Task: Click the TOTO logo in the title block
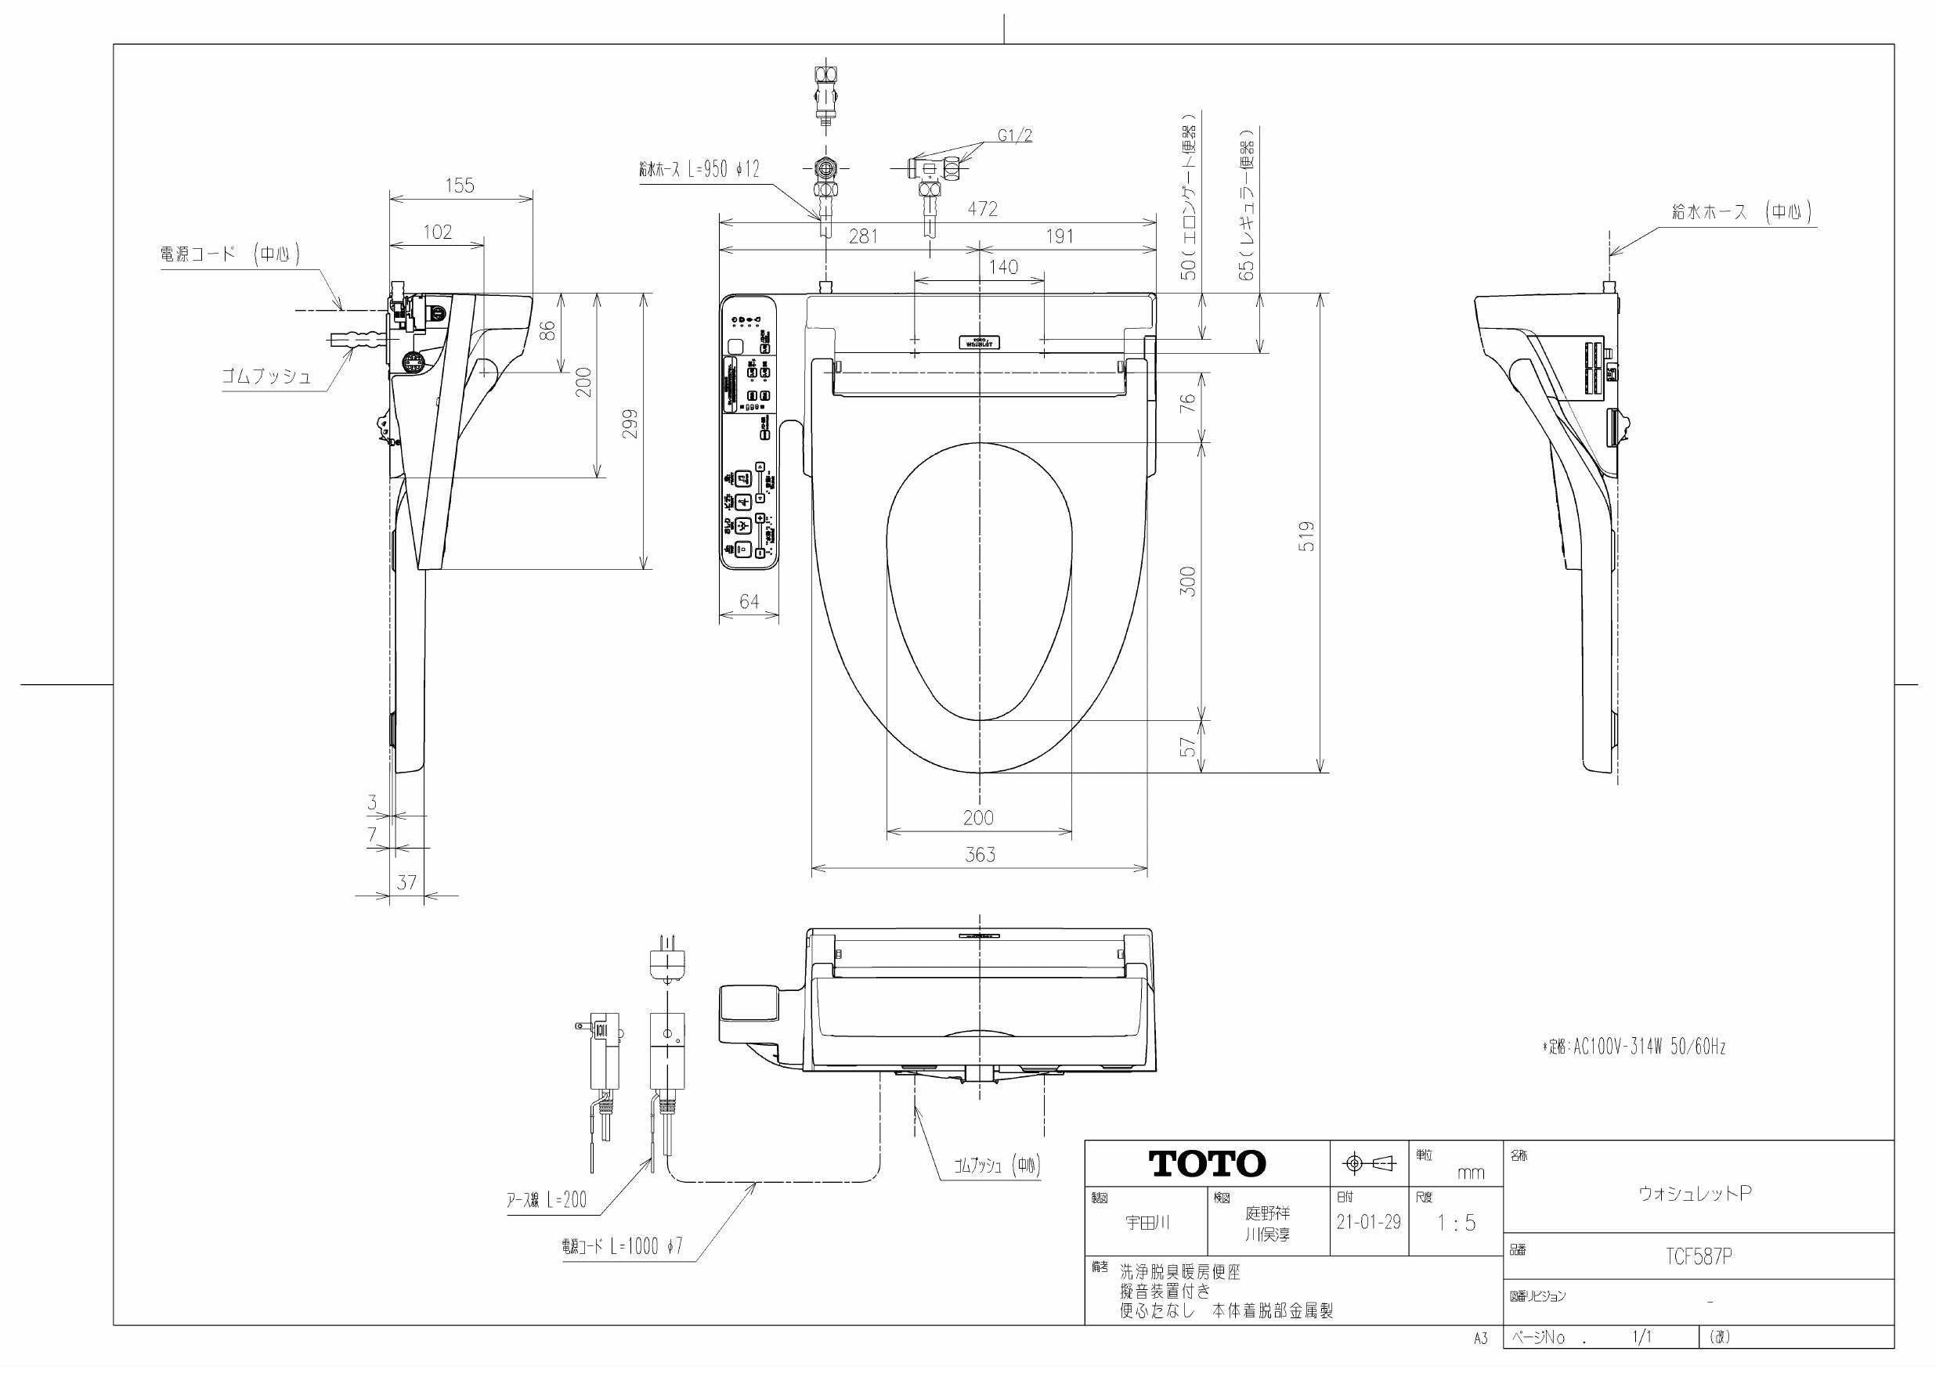click(1207, 1164)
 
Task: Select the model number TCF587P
click(1699, 1257)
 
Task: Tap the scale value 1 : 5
click(1456, 1223)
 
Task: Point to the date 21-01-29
click(1368, 1223)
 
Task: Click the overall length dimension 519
click(1307, 536)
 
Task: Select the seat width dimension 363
click(980, 856)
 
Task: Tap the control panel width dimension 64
click(749, 601)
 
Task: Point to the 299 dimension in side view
click(630, 423)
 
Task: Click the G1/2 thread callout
click(1015, 135)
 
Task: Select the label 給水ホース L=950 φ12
click(699, 169)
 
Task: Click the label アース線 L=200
click(546, 1199)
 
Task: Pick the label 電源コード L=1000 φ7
click(622, 1246)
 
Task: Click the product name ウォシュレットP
click(1695, 1193)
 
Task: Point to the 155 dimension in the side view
click(460, 186)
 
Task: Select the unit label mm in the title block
click(1470, 1173)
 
